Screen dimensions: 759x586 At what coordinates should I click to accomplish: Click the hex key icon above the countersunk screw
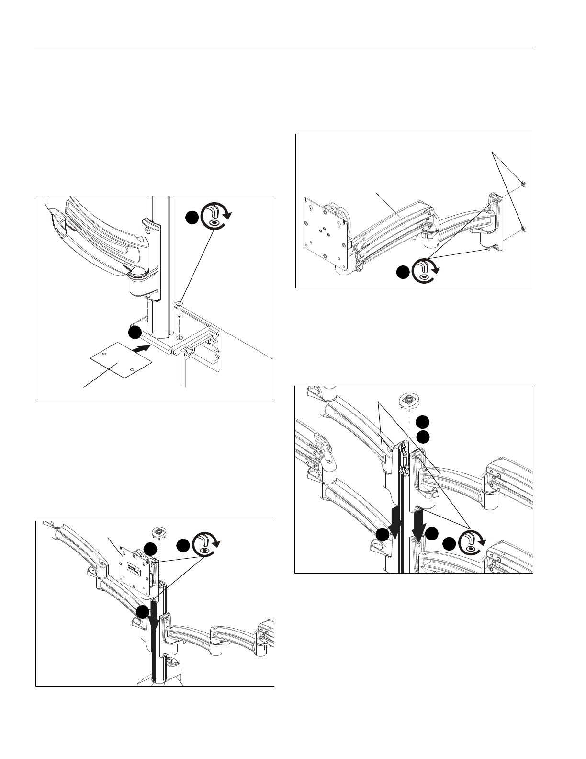[x=215, y=218]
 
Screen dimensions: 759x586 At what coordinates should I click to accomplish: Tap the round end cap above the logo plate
[x=158, y=531]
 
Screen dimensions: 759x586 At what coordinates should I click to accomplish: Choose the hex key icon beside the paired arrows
[x=472, y=543]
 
